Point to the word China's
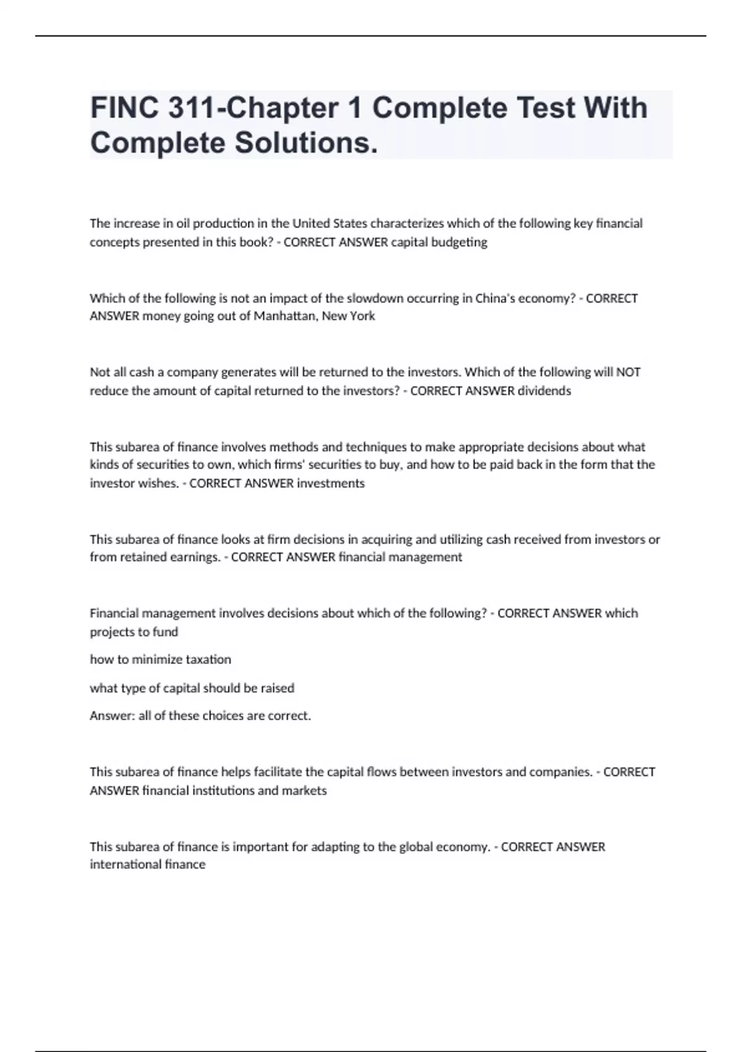pyautogui.click(x=498, y=298)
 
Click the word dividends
pyautogui.click(x=544, y=390)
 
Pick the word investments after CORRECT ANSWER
pyautogui.click(x=331, y=483)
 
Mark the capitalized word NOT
pyautogui.click(x=628, y=372)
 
